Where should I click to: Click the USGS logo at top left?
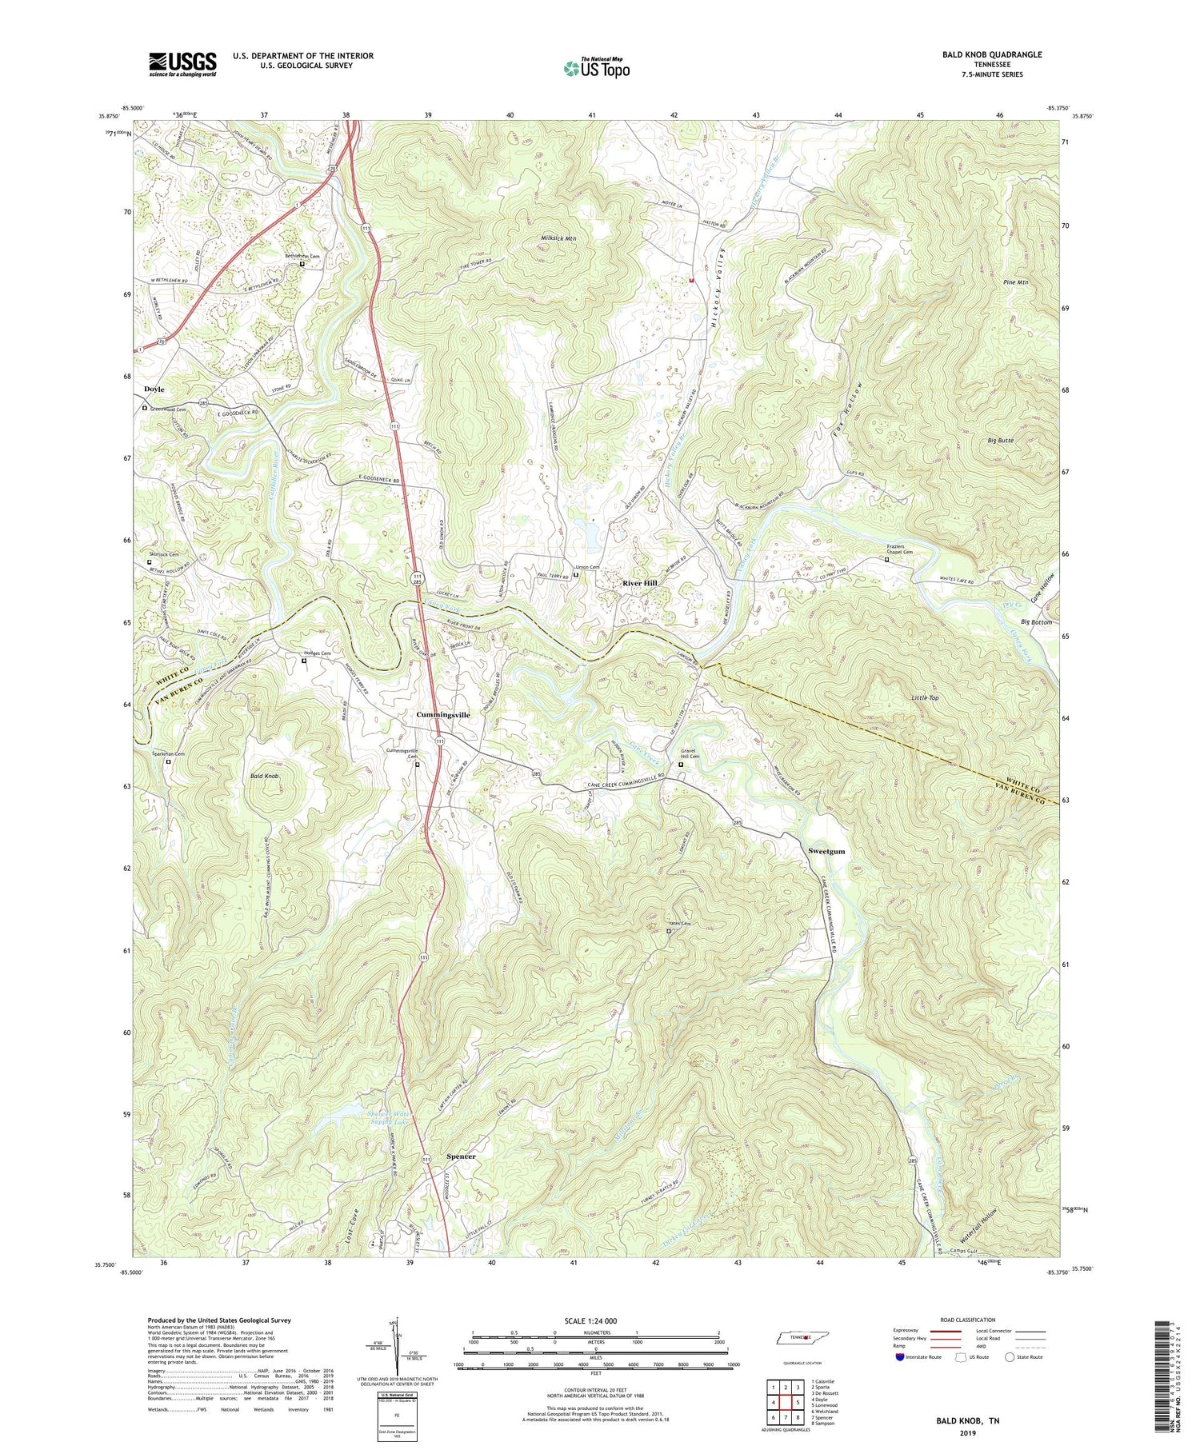point(182,64)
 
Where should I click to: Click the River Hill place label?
point(640,584)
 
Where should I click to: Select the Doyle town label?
point(154,389)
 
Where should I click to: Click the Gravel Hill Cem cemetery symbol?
point(681,765)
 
